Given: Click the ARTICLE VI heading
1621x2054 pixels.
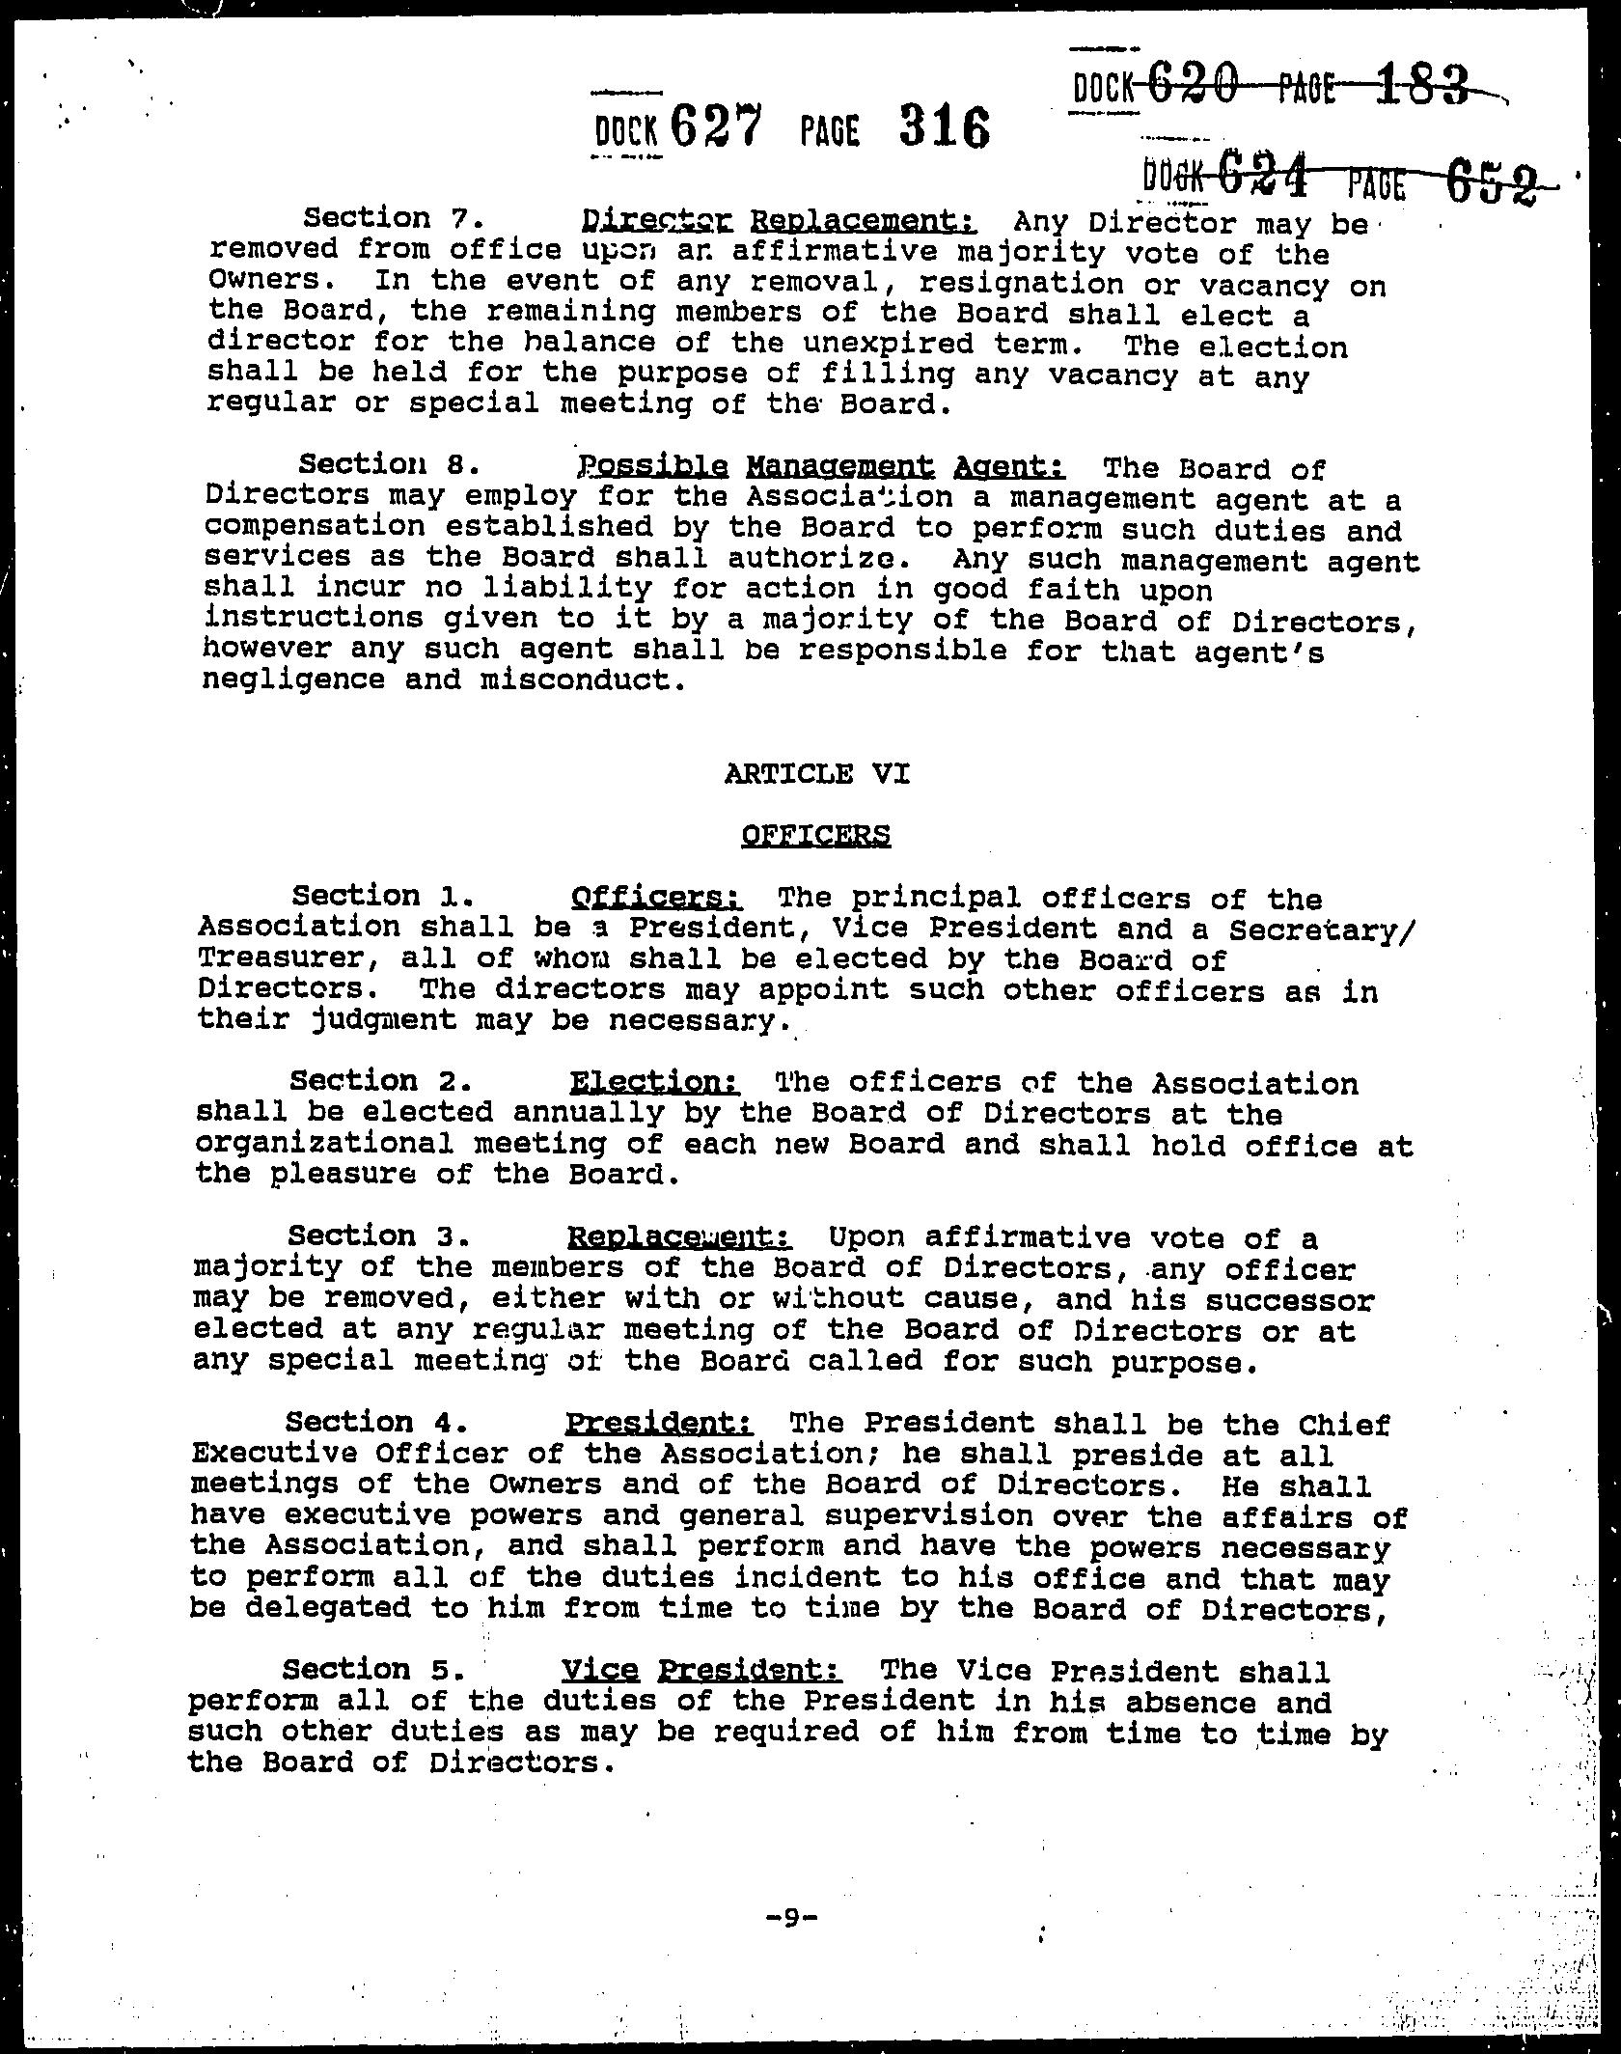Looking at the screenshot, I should coord(816,773).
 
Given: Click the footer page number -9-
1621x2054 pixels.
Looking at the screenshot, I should coord(790,1920).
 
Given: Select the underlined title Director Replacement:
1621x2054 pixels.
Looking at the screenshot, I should coord(780,221).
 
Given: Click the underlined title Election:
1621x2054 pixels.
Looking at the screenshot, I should coord(654,1081).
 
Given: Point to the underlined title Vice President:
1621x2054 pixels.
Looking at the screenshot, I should coord(701,1669).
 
